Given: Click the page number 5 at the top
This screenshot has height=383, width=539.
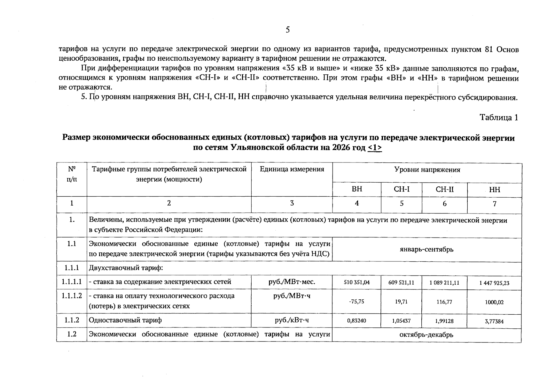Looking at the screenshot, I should click(287, 30).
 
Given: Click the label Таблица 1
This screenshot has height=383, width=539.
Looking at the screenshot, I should click(499, 117).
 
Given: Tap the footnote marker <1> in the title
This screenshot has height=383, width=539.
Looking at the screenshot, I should click(375, 148).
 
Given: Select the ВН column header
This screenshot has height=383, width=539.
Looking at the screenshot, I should click(357, 189).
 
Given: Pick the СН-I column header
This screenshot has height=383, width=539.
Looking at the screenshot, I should click(402, 189).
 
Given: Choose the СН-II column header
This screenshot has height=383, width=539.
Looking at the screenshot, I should click(444, 189).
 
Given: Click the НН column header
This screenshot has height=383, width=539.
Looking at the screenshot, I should click(494, 190).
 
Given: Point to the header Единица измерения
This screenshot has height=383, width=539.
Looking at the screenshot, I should click(292, 169).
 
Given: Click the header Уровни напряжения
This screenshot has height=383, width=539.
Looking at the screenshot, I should click(427, 170).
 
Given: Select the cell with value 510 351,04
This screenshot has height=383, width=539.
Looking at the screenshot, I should click(357, 282).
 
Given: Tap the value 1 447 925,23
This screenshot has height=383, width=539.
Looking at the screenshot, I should click(494, 283).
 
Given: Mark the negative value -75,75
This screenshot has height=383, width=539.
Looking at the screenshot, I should click(356, 301).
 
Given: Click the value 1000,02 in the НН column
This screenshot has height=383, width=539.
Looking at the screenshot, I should click(494, 302).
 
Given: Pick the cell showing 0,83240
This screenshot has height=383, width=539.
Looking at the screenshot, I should click(357, 320).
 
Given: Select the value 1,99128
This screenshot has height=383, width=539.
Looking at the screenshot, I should click(444, 321).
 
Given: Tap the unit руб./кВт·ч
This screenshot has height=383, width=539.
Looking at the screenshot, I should click(292, 320).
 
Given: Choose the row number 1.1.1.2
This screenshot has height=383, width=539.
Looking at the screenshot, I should click(72, 296).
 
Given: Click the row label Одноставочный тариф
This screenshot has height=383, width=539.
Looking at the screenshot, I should click(125, 320).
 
